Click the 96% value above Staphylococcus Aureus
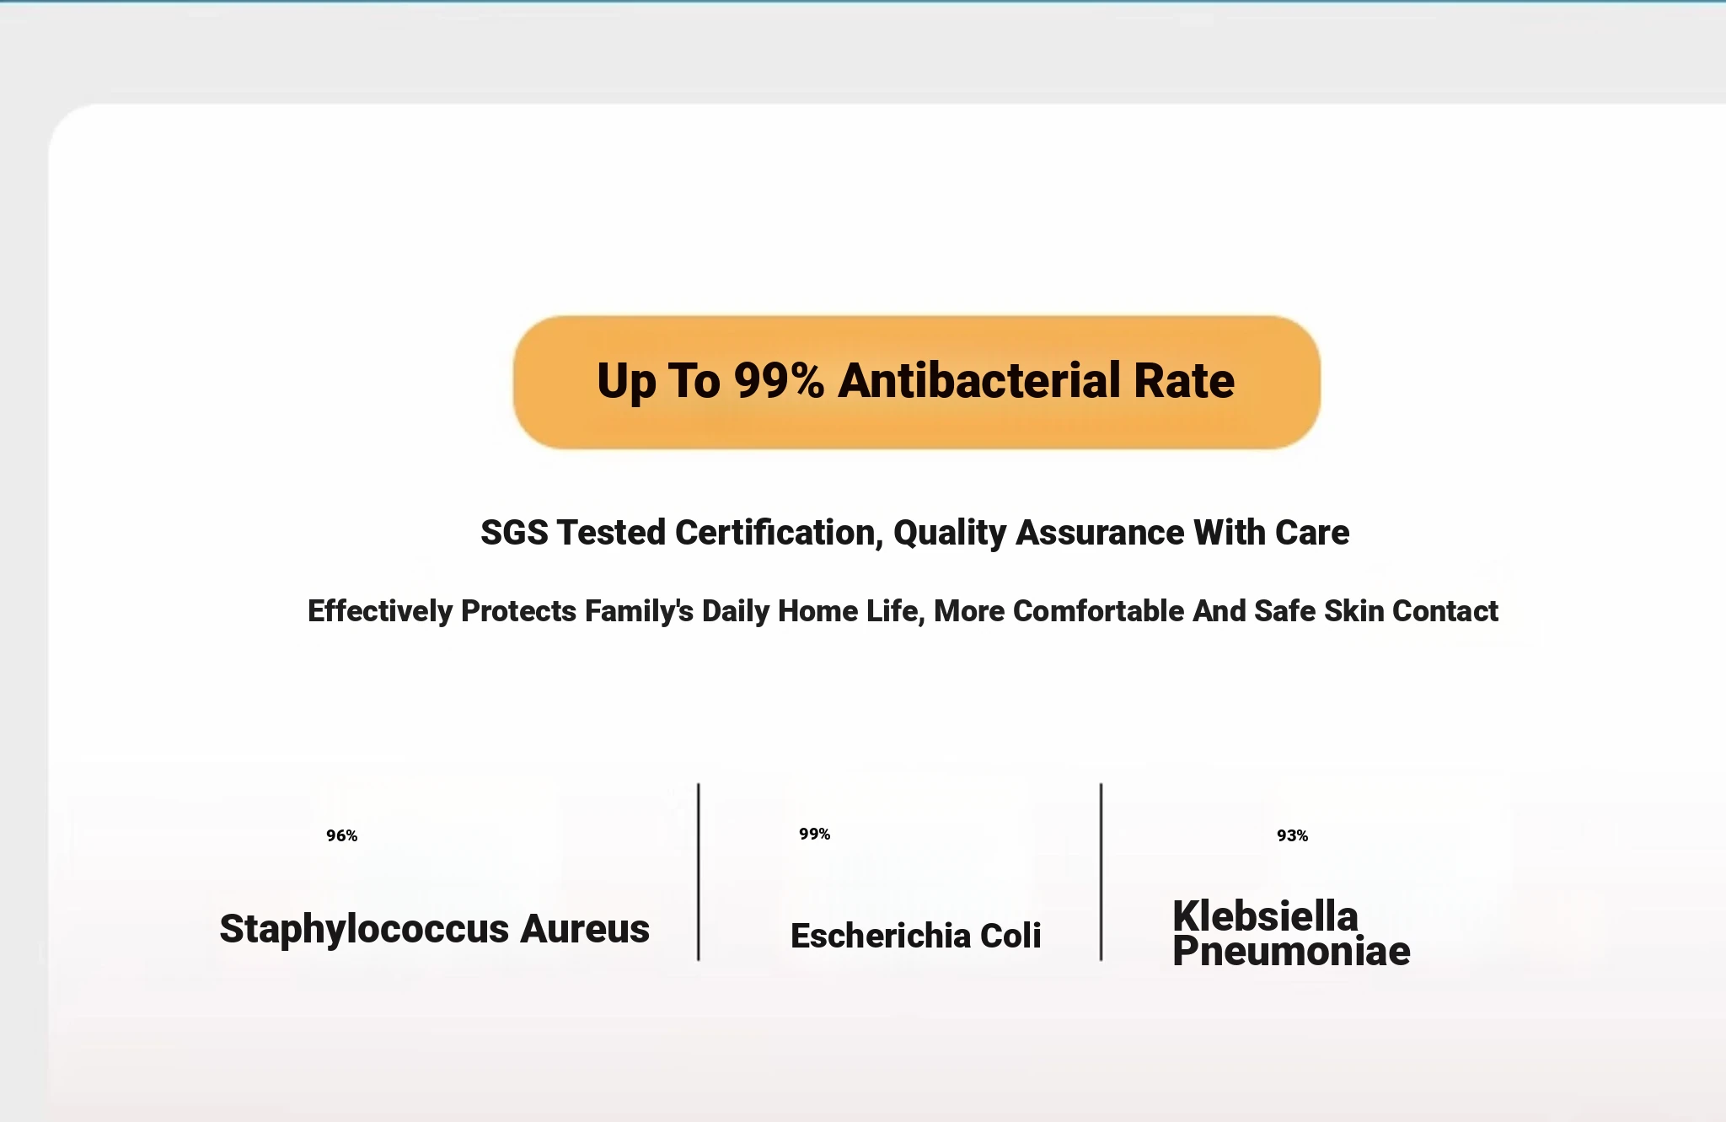[x=342, y=835]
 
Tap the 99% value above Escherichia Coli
[x=815, y=834]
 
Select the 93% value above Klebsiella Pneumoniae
[x=1292, y=835]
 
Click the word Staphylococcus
[x=364, y=930]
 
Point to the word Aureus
[x=585, y=929]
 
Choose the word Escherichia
[x=881, y=936]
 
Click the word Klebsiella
[x=1265, y=915]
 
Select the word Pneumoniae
[x=1291, y=951]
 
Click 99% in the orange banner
[x=779, y=380]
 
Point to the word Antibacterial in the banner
[x=979, y=380]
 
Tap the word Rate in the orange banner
[x=1184, y=380]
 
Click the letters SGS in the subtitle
[x=514, y=533]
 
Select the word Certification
[x=780, y=533]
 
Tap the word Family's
[x=639, y=611]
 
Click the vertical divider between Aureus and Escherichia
[x=699, y=872]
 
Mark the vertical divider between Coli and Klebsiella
[x=1101, y=872]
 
